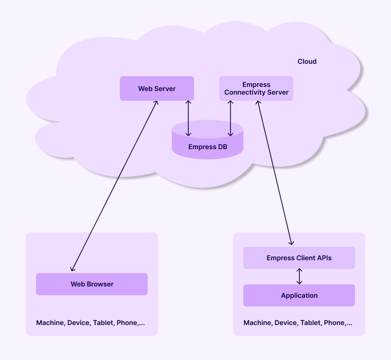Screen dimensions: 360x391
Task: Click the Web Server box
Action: click(x=156, y=88)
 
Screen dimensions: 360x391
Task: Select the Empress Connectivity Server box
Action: click(x=256, y=88)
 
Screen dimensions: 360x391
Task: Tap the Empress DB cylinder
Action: click(x=207, y=147)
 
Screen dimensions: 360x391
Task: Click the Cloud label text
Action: click(x=307, y=62)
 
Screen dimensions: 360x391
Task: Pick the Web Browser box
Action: click(x=92, y=284)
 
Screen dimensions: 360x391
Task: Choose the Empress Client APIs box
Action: click(x=299, y=258)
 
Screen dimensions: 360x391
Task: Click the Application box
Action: click(x=299, y=296)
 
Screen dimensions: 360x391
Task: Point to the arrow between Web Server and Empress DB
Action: click(x=188, y=118)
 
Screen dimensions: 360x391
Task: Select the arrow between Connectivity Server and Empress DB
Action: click(x=230, y=118)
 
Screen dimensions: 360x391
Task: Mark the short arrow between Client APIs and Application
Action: click(x=299, y=277)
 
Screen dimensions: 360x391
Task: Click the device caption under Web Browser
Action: click(x=90, y=323)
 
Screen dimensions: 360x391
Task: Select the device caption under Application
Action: click(x=297, y=323)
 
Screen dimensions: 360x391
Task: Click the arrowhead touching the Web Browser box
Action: click(x=73, y=268)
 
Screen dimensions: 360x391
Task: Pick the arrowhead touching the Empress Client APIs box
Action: click(x=292, y=242)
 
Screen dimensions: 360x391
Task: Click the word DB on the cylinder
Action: click(x=222, y=147)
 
